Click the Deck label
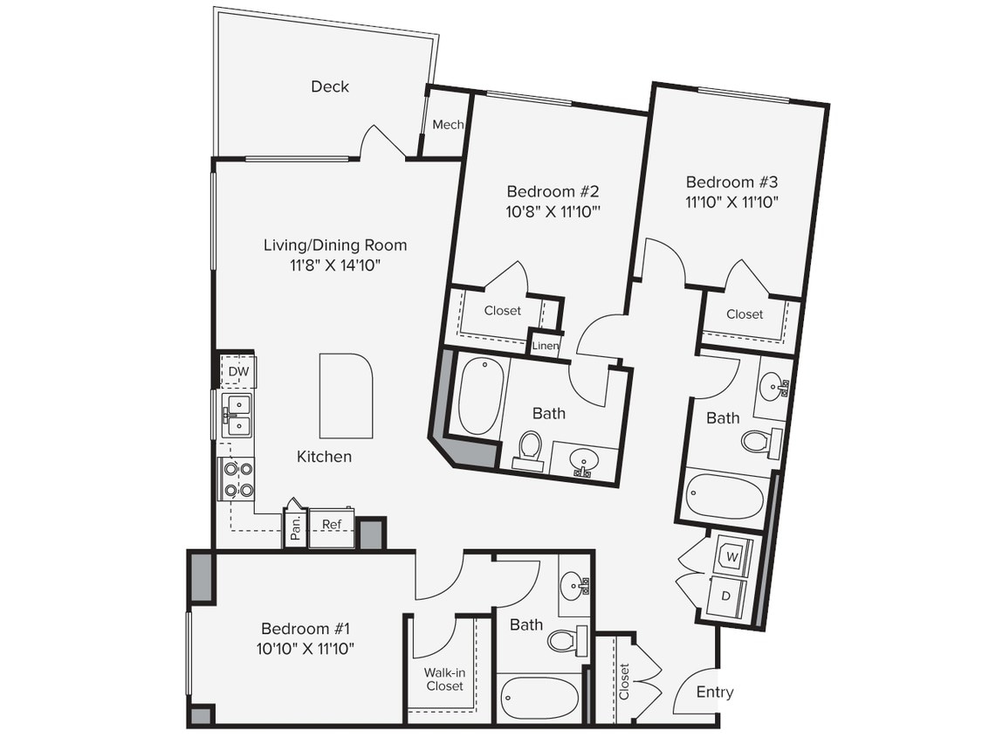click(330, 86)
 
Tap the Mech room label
click(448, 125)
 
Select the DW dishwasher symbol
click(238, 373)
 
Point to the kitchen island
click(346, 396)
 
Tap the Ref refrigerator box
click(332, 525)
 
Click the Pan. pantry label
click(296, 526)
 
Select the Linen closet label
click(546, 346)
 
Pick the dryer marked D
click(726, 596)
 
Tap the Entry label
click(715, 692)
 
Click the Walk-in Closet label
click(444, 679)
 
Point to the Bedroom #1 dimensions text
click(305, 649)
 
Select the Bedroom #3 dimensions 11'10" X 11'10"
click(731, 203)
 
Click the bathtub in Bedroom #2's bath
click(478, 396)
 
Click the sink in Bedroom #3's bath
click(772, 384)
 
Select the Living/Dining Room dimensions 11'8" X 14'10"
click(335, 265)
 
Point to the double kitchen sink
click(237, 416)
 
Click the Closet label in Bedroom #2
click(502, 311)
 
